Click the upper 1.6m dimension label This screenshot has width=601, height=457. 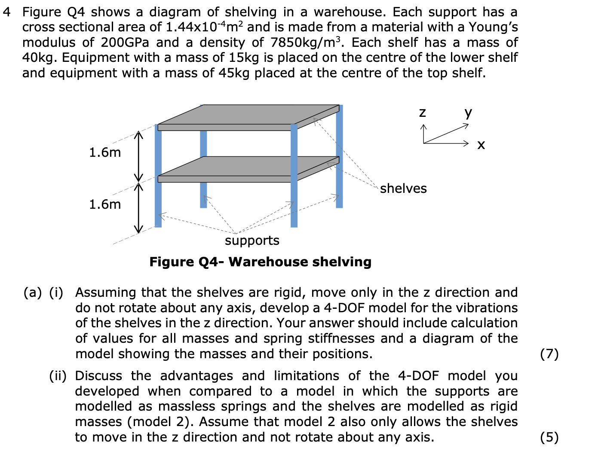pos(105,152)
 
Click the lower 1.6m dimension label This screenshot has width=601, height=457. pos(105,204)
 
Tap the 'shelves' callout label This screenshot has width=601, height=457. pos(403,189)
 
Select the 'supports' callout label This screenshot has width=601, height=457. pos(252,241)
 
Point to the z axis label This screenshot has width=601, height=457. pos(423,113)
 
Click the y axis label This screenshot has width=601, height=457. pos(468,113)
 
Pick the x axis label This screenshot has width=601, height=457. pos(481,145)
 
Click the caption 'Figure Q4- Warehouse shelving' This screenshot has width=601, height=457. pos(260,262)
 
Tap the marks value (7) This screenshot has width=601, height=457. pos(549,354)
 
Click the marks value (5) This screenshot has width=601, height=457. pos(549,437)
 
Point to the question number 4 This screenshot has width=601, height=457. pos(6,12)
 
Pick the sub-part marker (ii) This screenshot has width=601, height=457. pos(58,376)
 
